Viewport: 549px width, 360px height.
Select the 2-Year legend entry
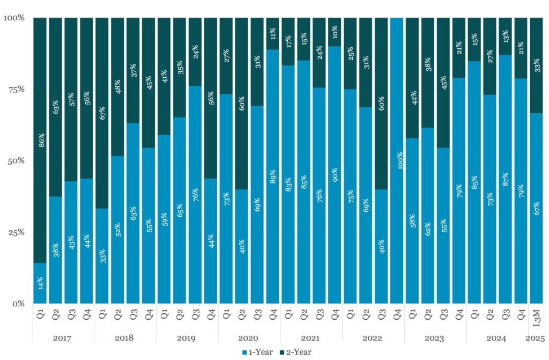coord(293,352)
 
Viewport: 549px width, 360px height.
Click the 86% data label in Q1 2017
coord(41,140)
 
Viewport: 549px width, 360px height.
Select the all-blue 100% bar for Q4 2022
coord(397,160)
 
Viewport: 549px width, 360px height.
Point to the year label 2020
coord(249,339)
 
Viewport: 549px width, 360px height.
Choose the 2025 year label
coord(536,339)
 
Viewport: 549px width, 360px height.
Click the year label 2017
coord(62,339)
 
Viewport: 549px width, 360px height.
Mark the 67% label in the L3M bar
coord(536,208)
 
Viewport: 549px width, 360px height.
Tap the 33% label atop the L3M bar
coord(536,65)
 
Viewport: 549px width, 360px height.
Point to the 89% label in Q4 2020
coord(272,175)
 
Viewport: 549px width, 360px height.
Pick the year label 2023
coord(435,339)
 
